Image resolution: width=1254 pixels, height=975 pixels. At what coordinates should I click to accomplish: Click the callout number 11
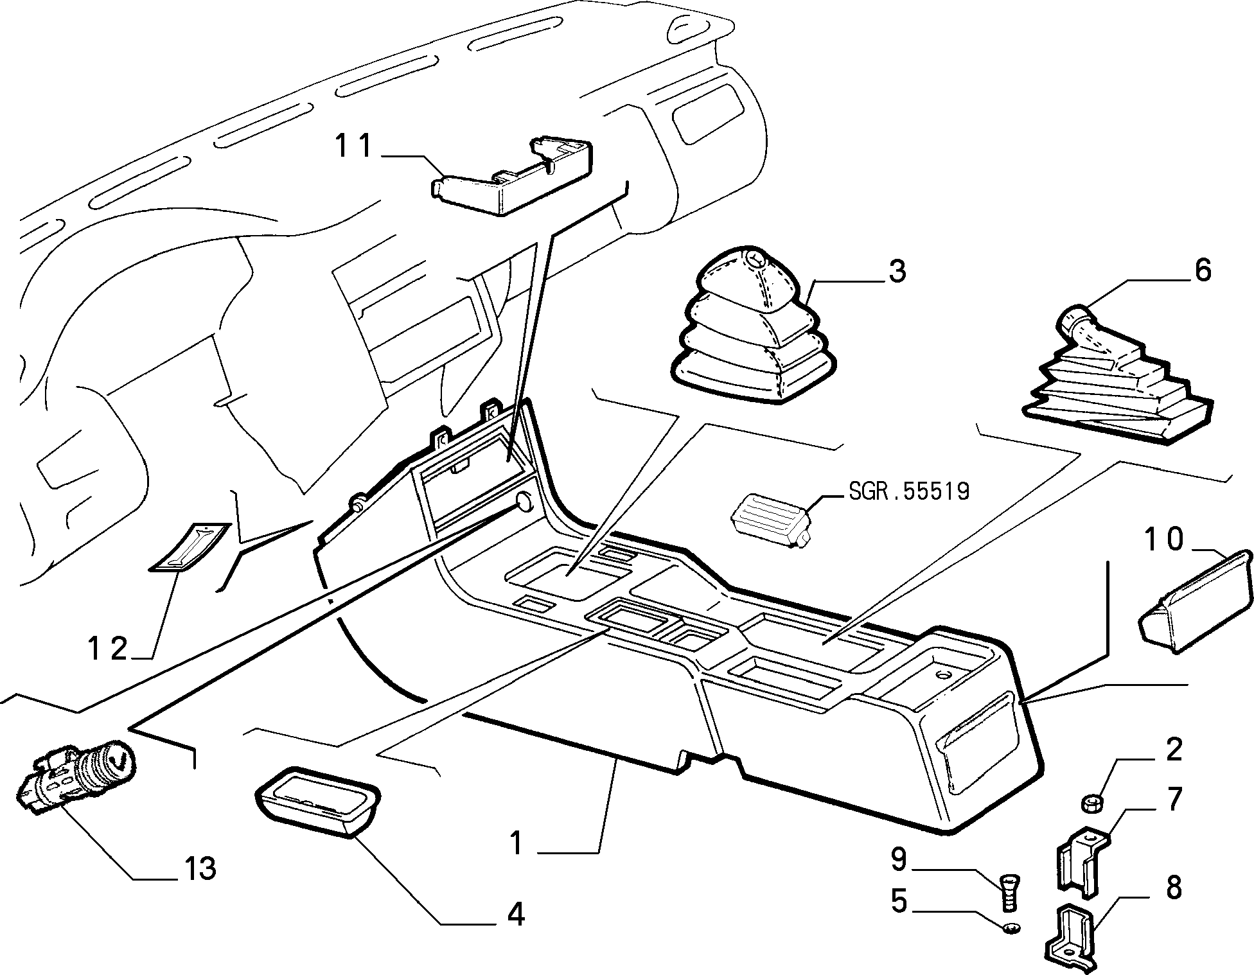(353, 146)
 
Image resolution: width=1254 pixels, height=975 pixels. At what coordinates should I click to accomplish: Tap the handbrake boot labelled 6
(1117, 376)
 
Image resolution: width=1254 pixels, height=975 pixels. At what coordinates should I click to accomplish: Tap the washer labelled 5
(1011, 928)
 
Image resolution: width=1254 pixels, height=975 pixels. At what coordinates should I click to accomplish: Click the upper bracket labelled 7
(1082, 861)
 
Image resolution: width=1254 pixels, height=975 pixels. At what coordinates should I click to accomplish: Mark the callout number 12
(107, 649)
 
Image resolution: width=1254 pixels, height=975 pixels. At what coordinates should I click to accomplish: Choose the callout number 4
(516, 914)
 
